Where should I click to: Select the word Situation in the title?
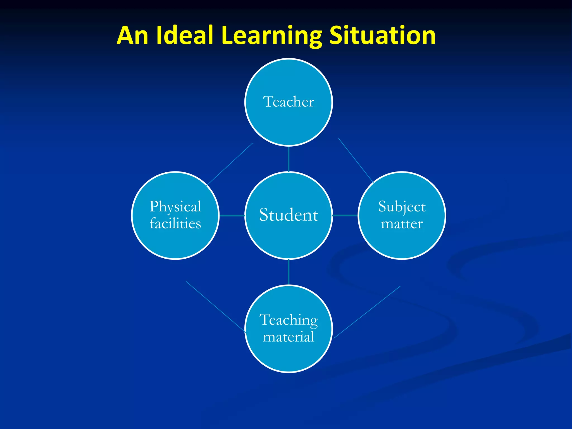tap(382, 35)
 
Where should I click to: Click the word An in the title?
tap(132, 35)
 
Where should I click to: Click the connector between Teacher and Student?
tap(289, 159)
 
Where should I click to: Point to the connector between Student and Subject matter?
tap(345, 215)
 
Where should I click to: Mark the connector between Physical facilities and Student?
tap(232, 215)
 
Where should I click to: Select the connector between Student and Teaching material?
tap(289, 272)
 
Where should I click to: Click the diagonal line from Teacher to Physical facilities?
tap(230, 164)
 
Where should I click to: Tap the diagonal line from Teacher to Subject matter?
tap(356, 161)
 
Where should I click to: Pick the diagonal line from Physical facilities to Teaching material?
tap(216, 306)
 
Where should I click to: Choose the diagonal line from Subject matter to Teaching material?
tap(367, 312)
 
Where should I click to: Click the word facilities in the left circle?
tap(175, 224)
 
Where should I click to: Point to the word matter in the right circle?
tap(402, 224)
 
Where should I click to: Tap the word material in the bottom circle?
tap(289, 337)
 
